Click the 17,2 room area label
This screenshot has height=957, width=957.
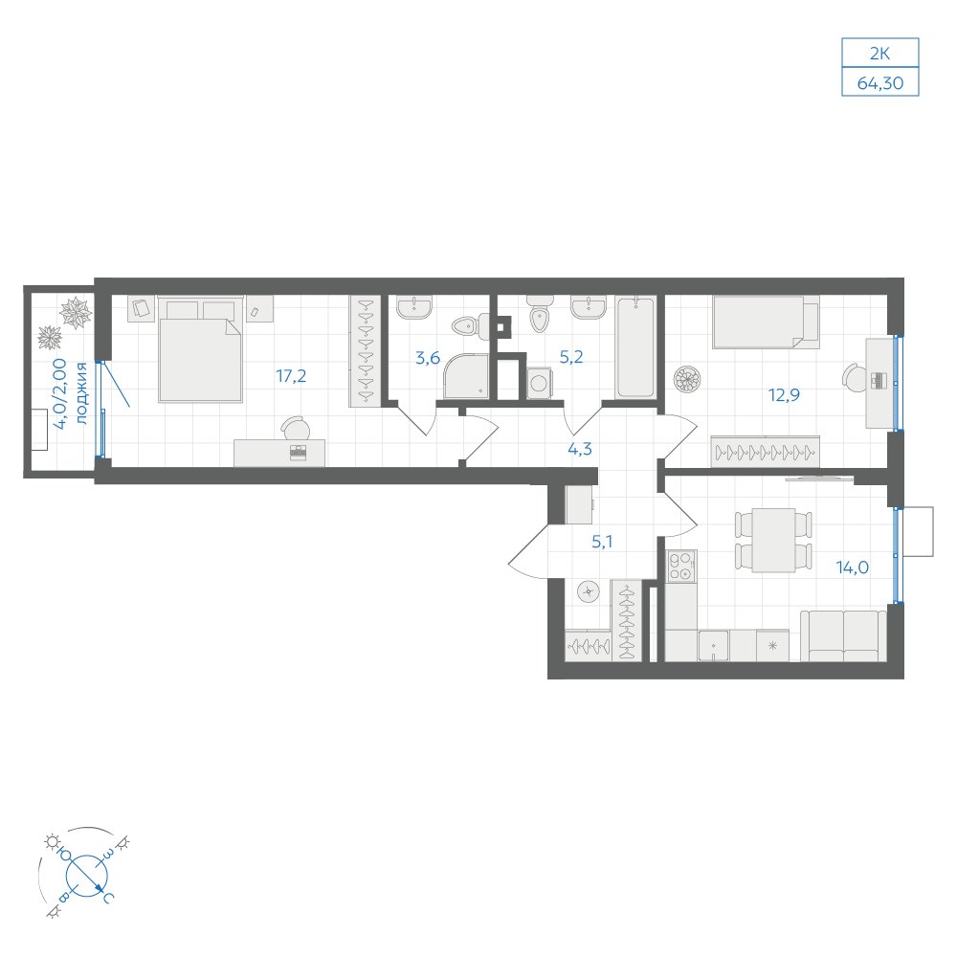tap(291, 376)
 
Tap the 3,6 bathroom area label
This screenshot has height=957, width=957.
tap(427, 358)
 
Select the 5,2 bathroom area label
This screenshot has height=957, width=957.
tap(571, 357)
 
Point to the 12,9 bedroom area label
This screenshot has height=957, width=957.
tap(784, 395)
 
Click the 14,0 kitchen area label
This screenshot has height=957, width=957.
tap(852, 568)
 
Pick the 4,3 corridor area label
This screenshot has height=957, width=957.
tap(580, 449)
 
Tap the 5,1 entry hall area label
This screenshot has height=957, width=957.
tap(602, 542)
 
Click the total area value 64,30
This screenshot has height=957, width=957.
tap(880, 83)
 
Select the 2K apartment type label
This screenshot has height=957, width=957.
tap(879, 54)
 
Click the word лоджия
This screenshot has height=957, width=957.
tap(81, 393)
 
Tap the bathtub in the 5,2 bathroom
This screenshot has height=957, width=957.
tap(635, 347)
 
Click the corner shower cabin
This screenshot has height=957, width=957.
tap(466, 376)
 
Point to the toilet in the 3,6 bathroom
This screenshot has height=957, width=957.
tap(472, 326)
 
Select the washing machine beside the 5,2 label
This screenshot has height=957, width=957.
tap(538, 384)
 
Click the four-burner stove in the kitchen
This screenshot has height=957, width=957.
tap(681, 566)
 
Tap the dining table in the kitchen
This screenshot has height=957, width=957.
tap(773, 540)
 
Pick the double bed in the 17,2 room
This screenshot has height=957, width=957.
tap(201, 349)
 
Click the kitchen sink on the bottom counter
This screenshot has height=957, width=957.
tap(714, 646)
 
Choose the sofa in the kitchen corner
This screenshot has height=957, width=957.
tap(843, 636)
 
